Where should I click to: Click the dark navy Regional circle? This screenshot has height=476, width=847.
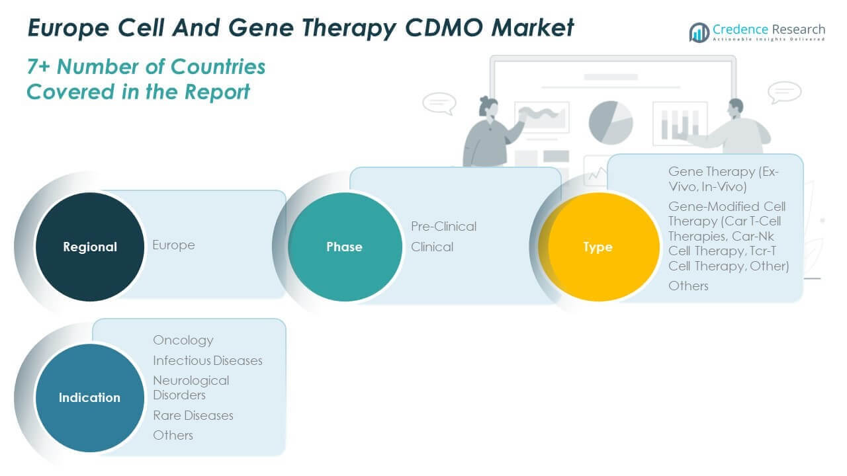pyautogui.click(x=90, y=247)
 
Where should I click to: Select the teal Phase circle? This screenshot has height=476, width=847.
pyautogui.click(x=344, y=247)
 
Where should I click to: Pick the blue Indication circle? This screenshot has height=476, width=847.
pyautogui.click(x=90, y=397)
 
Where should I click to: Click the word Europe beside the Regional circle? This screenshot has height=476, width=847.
pyautogui.click(x=173, y=245)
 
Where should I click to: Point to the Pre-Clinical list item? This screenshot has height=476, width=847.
pyautogui.click(x=443, y=226)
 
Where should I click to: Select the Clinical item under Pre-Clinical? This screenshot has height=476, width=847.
pyautogui.click(x=432, y=247)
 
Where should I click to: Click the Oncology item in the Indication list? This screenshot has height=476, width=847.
pyautogui.click(x=183, y=340)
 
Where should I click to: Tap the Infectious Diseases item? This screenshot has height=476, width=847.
pyautogui.click(x=208, y=360)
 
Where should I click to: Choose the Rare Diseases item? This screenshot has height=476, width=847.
pyautogui.click(x=193, y=415)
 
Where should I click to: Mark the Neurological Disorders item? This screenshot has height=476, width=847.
pyautogui.click(x=191, y=387)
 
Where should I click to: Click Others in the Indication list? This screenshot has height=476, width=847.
pyautogui.click(x=173, y=435)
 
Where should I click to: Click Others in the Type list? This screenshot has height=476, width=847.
pyautogui.click(x=688, y=286)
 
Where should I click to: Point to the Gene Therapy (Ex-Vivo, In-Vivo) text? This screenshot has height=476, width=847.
pyautogui.click(x=723, y=178)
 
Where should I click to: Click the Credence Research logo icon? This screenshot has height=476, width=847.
pyautogui.click(x=699, y=32)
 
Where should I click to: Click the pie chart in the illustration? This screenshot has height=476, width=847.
pyautogui.click(x=610, y=122)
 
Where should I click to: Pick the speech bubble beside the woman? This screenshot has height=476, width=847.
pyautogui.click(x=439, y=104)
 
